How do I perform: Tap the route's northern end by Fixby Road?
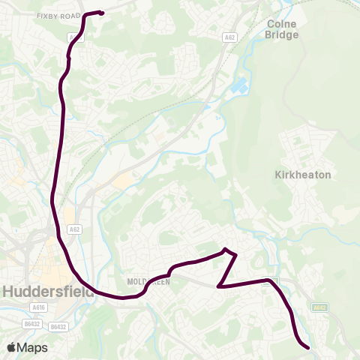[101, 13]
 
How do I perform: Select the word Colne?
[282, 23]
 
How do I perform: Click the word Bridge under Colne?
[282, 34]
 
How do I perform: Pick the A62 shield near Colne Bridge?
[229, 37]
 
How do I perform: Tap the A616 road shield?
[38, 307]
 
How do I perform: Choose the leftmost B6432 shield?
[31, 323]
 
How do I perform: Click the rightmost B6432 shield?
[58, 327]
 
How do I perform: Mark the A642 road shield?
[319, 307]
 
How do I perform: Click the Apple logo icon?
[11, 347]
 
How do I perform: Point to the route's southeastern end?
[307, 346]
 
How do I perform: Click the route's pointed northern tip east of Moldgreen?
[225, 249]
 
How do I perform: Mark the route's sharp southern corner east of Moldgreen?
[218, 286]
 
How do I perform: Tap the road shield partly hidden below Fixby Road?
[72, 36]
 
